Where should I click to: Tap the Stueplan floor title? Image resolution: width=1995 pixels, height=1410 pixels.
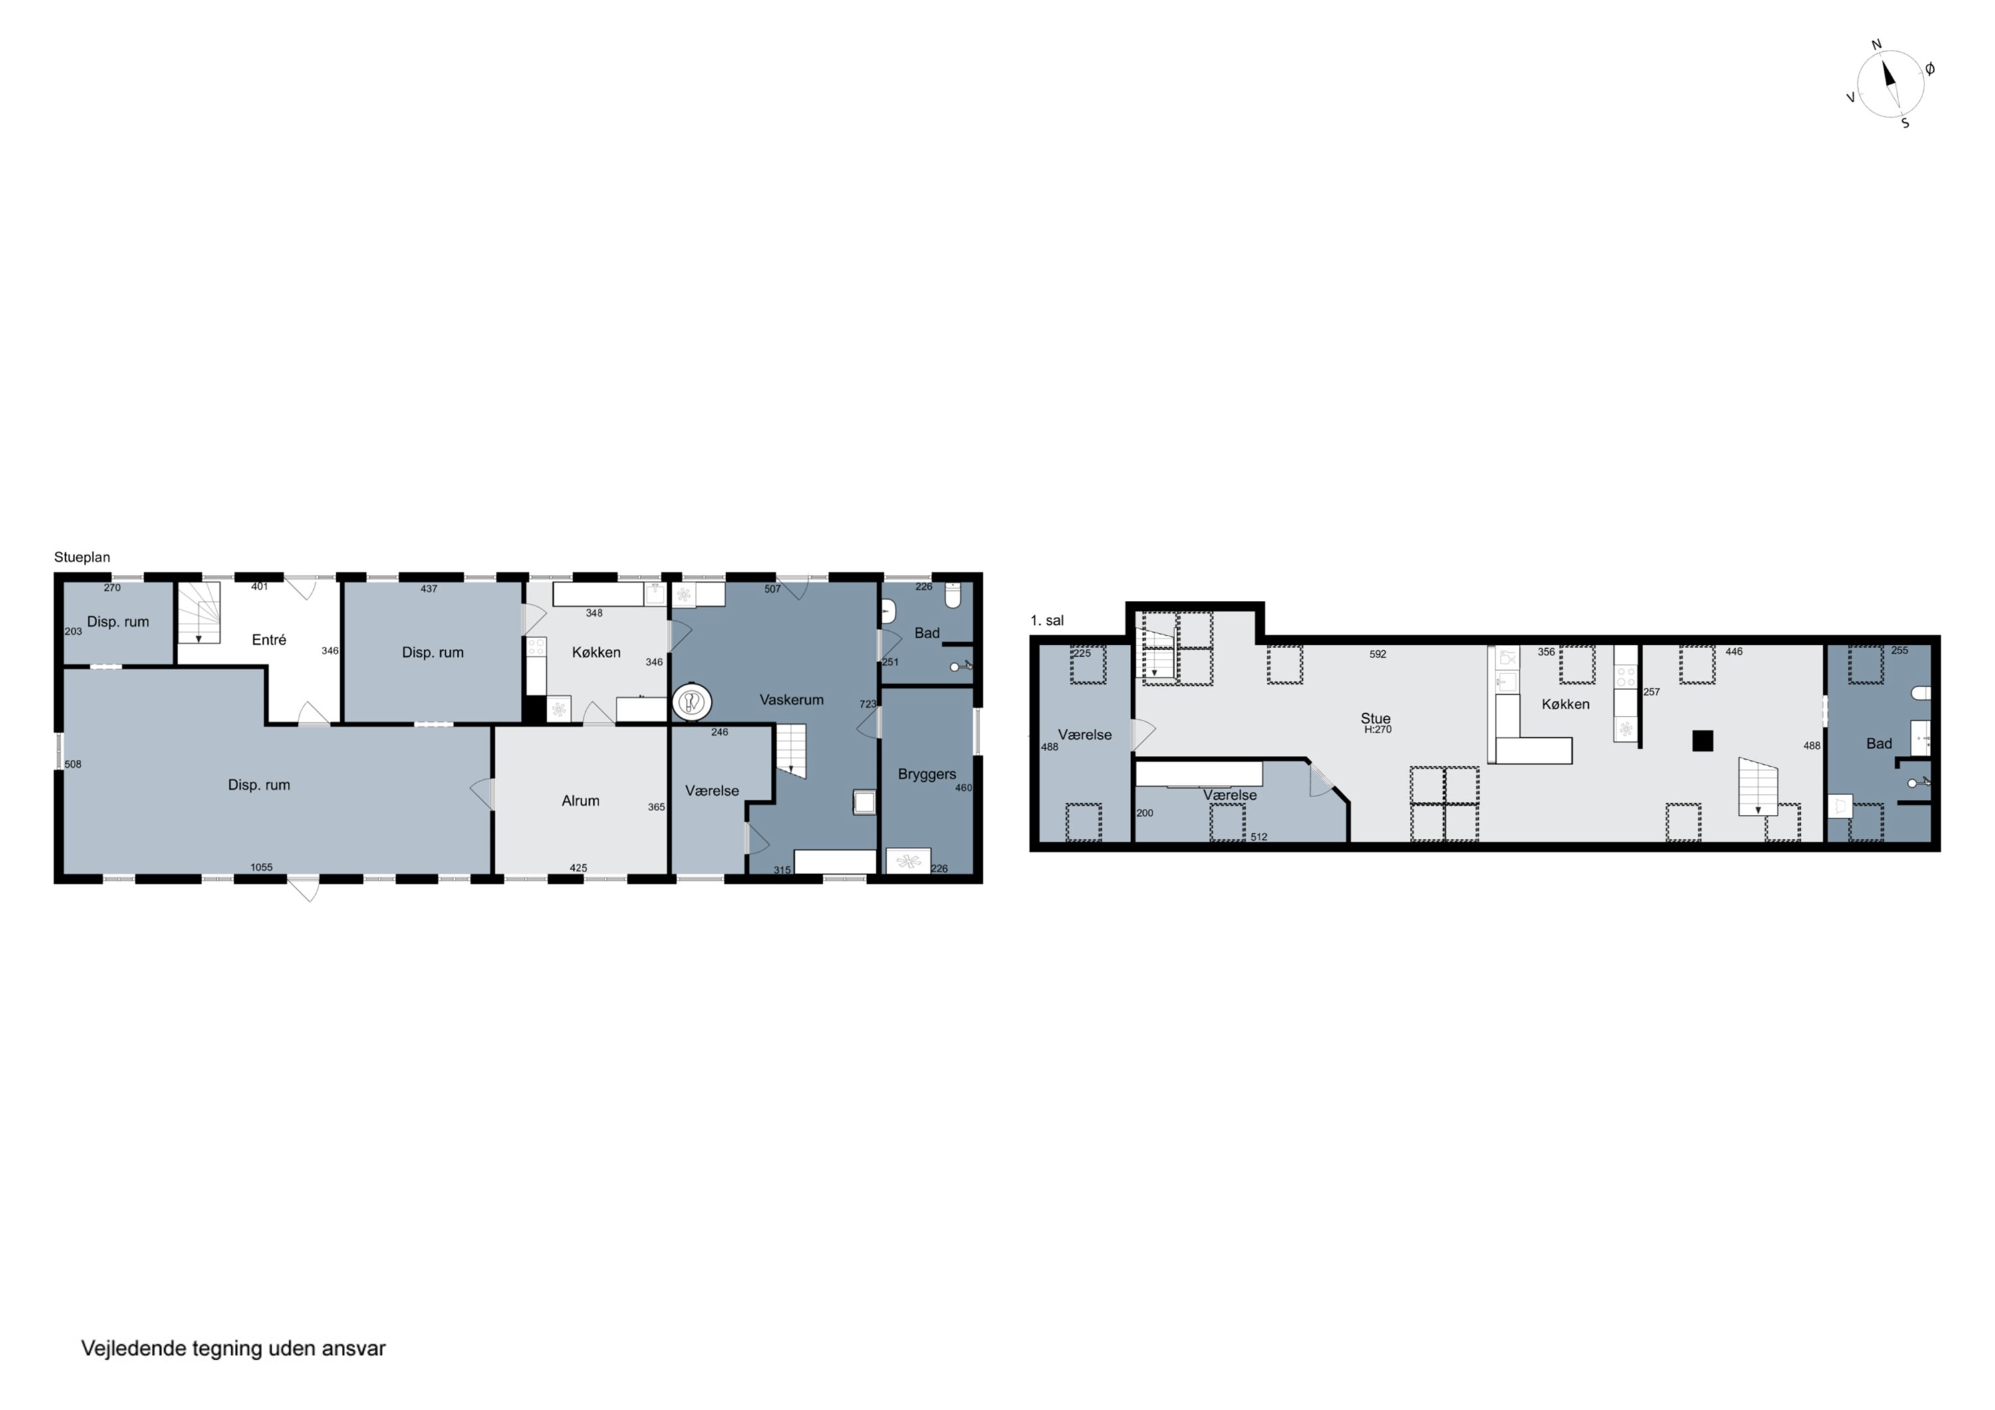point(82,557)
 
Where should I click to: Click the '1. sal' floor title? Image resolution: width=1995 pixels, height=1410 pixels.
point(1047,620)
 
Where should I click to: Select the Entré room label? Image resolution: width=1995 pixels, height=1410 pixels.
point(269,640)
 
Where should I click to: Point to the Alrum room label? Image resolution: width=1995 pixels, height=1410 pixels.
point(581,801)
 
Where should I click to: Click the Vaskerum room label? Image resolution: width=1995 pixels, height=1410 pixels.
point(791,699)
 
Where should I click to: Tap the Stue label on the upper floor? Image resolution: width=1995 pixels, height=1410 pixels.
point(1375,719)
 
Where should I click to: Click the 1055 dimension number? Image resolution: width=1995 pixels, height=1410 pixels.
point(261,867)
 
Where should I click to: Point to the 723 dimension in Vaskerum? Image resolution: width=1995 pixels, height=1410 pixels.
point(868,705)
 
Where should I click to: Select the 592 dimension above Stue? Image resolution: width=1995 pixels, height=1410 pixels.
point(1378,654)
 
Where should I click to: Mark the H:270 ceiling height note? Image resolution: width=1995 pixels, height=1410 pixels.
point(1378,730)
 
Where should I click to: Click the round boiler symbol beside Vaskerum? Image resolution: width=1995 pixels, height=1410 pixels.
point(692,702)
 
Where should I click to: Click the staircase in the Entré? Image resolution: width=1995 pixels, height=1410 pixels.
point(199,612)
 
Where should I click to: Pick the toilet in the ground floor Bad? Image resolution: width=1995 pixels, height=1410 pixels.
point(952,595)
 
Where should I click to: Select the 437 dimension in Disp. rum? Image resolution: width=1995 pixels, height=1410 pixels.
point(428,589)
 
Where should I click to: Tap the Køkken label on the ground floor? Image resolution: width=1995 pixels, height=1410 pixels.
point(596,652)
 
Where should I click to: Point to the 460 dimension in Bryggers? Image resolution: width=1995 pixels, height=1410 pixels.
point(964,788)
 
